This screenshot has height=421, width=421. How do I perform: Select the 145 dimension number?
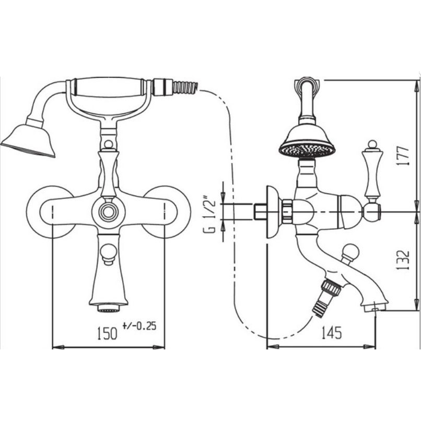[x=332, y=333]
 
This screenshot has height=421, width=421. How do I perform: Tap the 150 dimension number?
[x=107, y=333]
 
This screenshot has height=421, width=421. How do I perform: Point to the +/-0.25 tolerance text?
[x=139, y=326]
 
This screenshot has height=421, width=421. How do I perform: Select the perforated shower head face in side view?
[x=307, y=149]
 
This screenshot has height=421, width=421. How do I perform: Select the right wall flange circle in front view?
[x=166, y=212]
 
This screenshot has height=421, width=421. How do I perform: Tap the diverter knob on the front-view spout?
[x=109, y=254]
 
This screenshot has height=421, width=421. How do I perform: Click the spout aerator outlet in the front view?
[x=109, y=308]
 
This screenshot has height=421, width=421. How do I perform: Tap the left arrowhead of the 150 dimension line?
[x=59, y=347]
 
